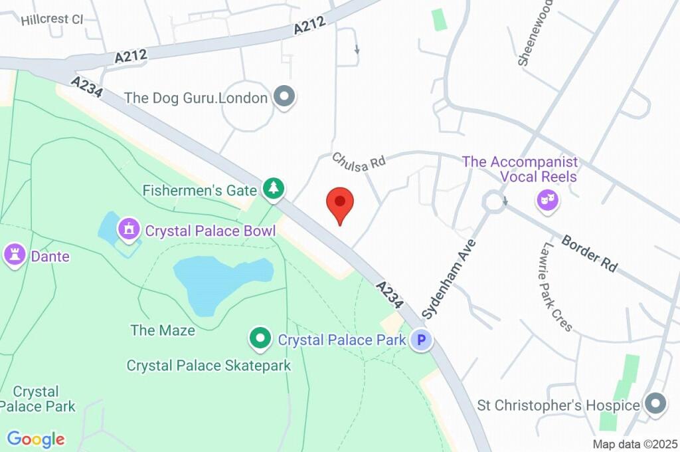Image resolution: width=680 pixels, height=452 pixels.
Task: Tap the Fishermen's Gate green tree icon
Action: point(273,189)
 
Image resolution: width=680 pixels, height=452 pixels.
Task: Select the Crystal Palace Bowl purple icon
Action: point(128,231)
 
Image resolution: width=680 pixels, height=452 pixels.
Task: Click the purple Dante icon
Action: point(15,255)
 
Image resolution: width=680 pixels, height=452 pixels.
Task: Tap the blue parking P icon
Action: point(420,341)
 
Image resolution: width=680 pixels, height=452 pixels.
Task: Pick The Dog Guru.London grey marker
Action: point(286,97)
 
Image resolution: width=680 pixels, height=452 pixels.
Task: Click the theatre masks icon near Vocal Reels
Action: point(547,199)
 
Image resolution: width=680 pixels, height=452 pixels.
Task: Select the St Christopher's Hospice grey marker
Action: point(655,403)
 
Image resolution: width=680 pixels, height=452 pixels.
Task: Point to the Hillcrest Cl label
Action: point(52,19)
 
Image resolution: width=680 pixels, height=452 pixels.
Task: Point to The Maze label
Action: point(163,330)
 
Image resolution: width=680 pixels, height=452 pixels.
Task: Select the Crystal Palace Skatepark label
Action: point(209,365)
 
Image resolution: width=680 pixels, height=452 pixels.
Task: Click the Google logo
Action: point(36,439)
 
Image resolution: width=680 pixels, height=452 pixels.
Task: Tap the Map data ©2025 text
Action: point(635,444)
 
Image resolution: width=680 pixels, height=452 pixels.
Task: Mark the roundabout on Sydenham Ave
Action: point(494,202)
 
